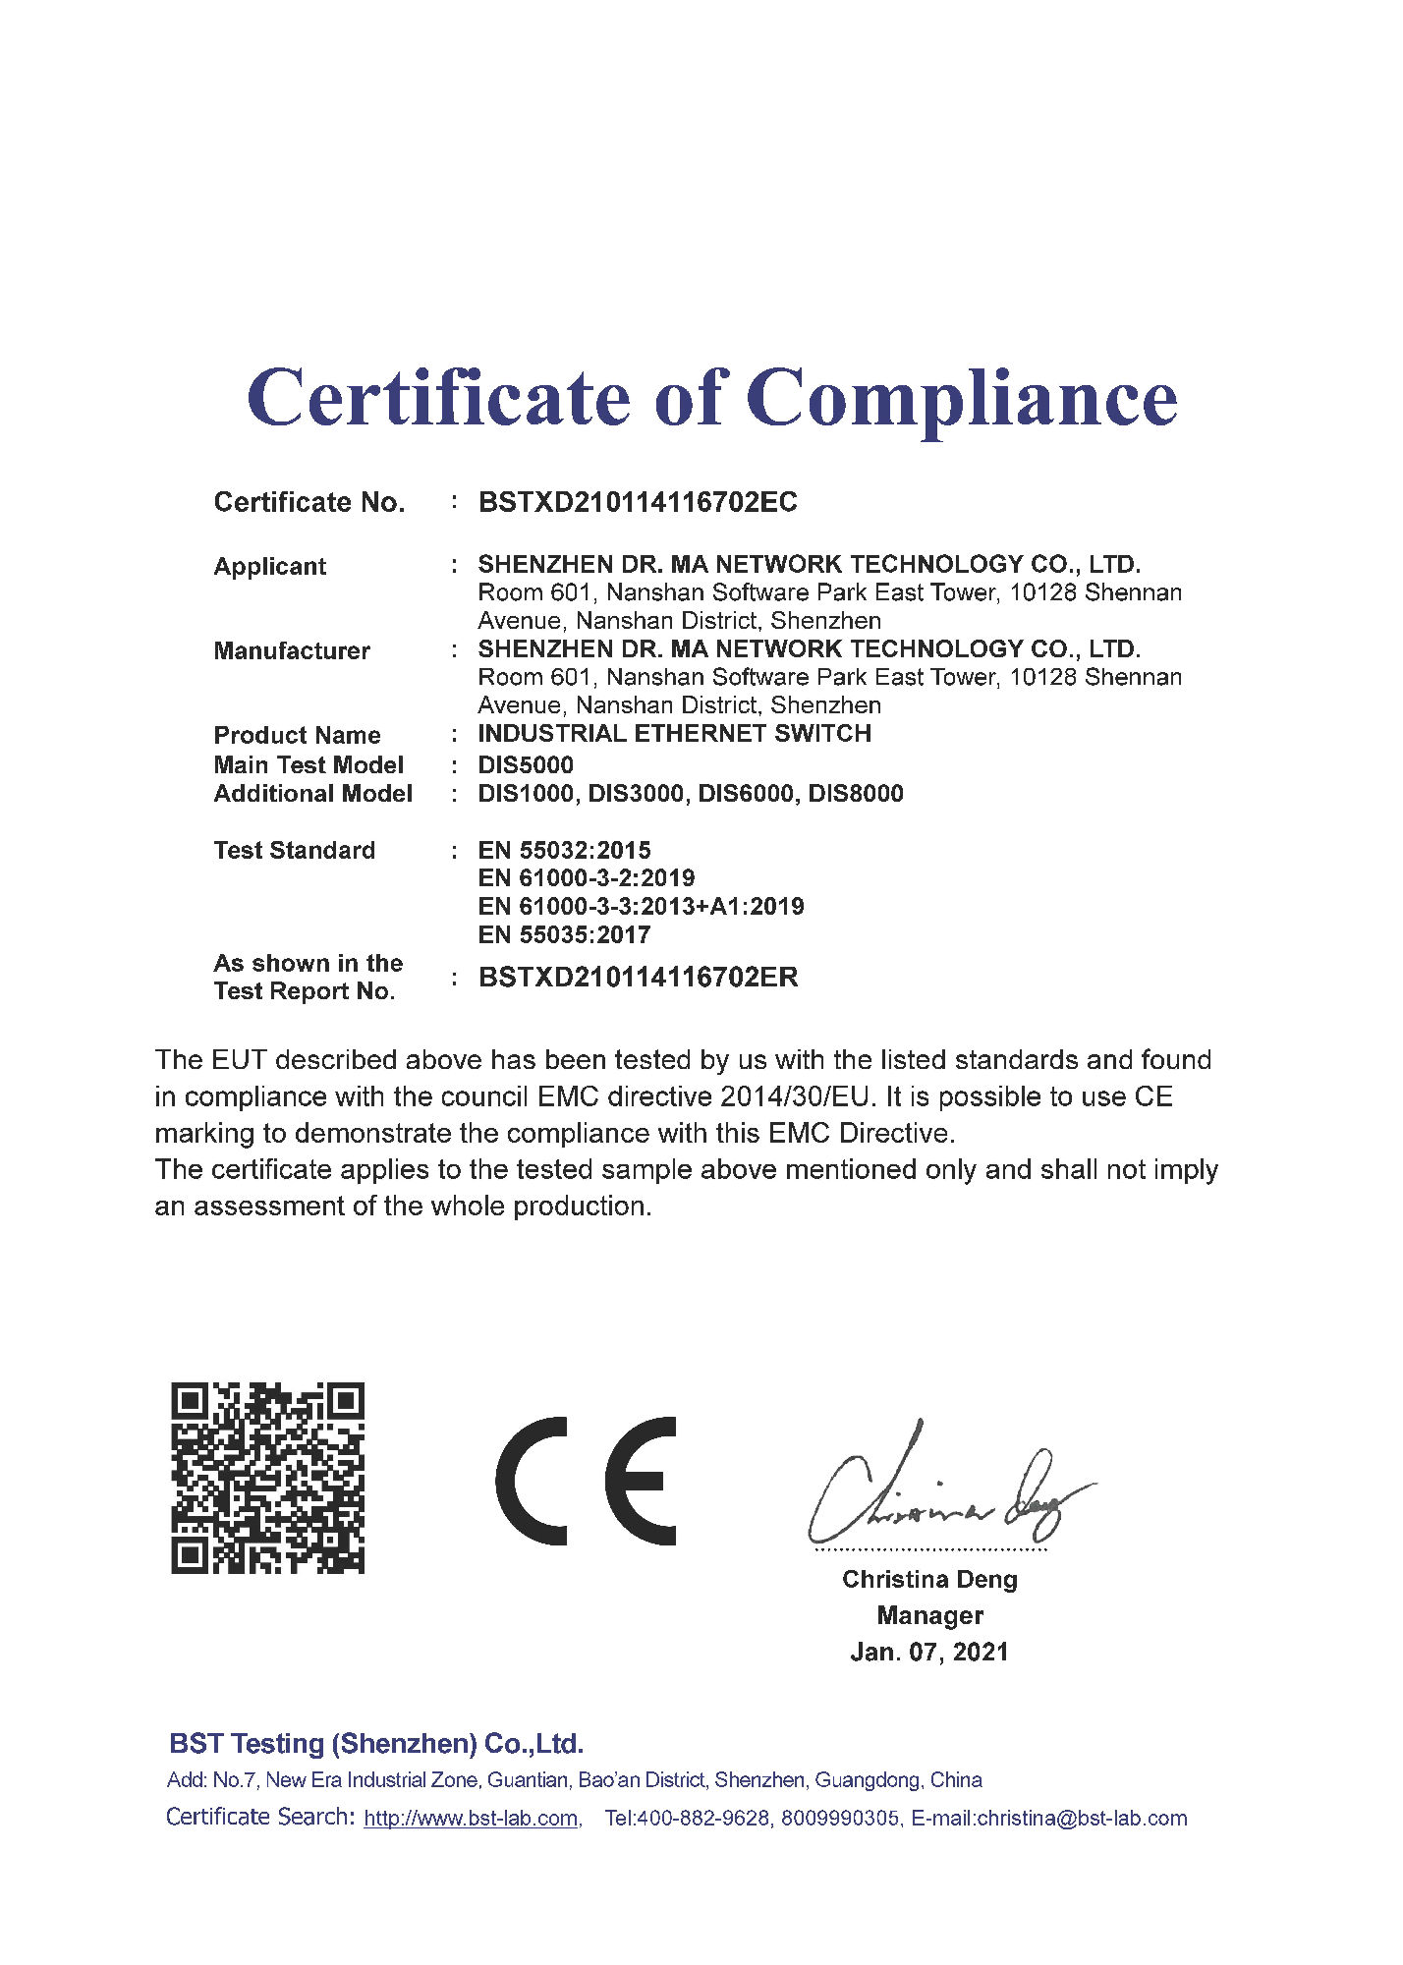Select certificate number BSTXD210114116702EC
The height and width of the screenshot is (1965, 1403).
[x=637, y=502]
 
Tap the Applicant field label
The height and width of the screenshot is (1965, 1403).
[x=269, y=566]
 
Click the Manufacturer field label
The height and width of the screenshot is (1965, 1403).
[x=292, y=650]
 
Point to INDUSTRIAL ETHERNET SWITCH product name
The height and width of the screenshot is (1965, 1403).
[x=674, y=733]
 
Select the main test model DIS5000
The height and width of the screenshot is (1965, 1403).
[x=526, y=764]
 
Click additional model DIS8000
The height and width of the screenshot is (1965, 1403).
[x=855, y=793]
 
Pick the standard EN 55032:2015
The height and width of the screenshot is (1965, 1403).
[x=564, y=850]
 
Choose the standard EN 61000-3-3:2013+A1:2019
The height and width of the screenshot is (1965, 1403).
[x=641, y=906]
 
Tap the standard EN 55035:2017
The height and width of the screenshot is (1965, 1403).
[x=564, y=934]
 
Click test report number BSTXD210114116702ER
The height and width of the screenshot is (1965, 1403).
[x=638, y=977]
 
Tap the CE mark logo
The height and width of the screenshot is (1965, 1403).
[x=587, y=1481]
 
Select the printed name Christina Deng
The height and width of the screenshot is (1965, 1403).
[x=929, y=1579]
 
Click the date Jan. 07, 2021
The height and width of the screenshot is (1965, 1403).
[x=929, y=1652]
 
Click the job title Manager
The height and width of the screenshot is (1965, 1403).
[x=929, y=1615]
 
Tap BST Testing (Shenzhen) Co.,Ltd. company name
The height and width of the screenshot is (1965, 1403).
[x=376, y=1744]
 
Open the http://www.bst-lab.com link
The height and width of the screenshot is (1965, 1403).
[x=471, y=1819]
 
